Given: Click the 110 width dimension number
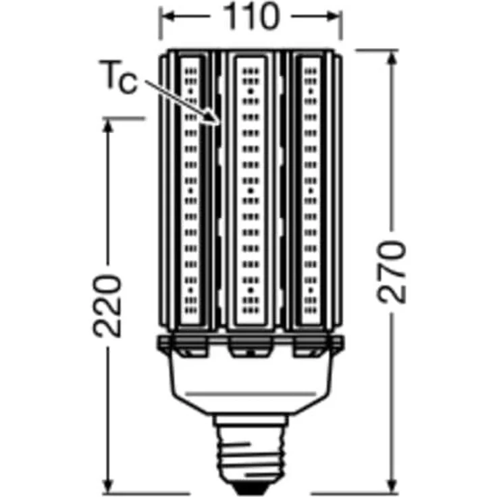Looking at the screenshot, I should tap(249, 18).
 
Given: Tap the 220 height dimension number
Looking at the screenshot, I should tap(107, 305).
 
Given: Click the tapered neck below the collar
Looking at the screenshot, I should tap(248, 385).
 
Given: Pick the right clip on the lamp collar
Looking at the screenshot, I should tap(308, 348).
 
